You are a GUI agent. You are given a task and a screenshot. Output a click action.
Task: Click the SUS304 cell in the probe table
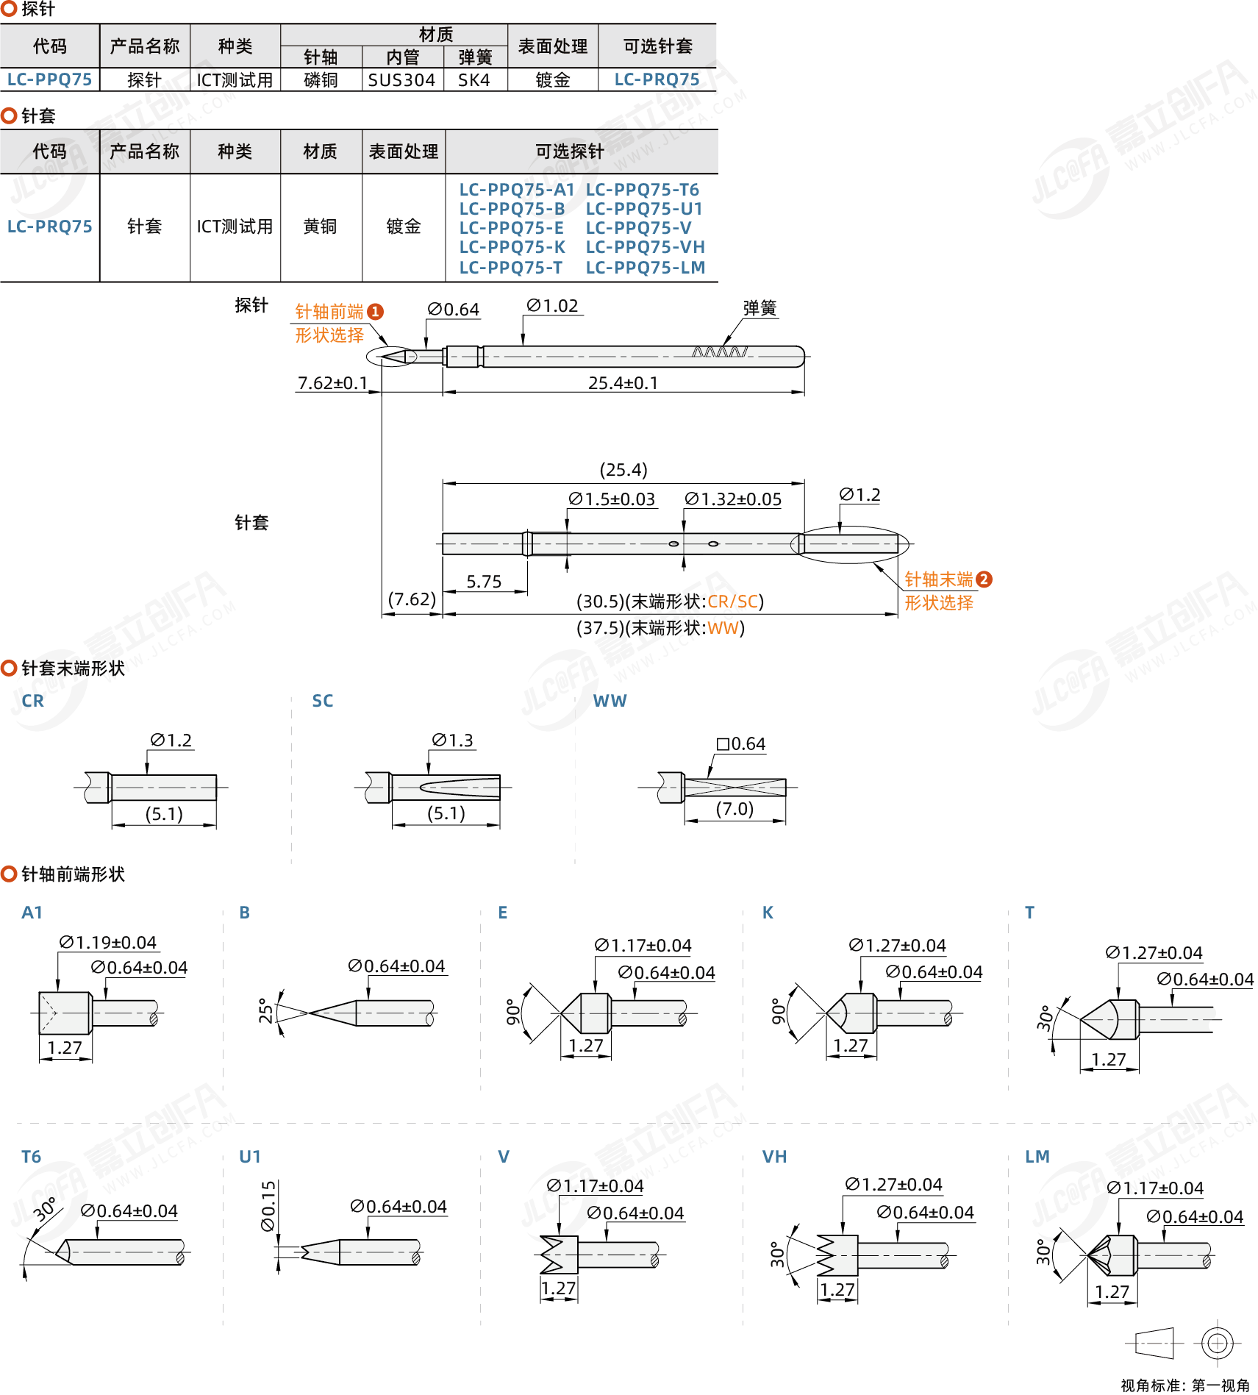pyautogui.click(x=401, y=80)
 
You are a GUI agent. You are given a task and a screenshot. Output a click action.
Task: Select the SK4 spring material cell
pyautogui.click(x=473, y=80)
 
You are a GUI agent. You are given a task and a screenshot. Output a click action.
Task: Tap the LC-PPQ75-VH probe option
pyautogui.click(x=645, y=247)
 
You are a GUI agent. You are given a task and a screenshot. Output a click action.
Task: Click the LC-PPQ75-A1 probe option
pyautogui.click(x=516, y=190)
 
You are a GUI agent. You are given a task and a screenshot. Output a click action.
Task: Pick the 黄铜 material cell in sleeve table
pyautogui.click(x=320, y=226)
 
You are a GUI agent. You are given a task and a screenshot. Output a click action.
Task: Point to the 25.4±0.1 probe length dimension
pyautogui.click(x=623, y=383)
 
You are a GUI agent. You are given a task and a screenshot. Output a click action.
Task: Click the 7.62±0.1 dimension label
pyautogui.click(x=332, y=383)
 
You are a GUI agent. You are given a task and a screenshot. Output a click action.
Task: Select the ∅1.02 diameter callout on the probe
pyautogui.click(x=552, y=306)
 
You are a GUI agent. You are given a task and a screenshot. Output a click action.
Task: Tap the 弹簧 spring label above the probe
pyautogui.click(x=760, y=308)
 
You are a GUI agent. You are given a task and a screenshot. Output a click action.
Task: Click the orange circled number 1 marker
pyautogui.click(x=375, y=312)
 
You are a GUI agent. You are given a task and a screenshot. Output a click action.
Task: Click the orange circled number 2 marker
pyautogui.click(x=984, y=579)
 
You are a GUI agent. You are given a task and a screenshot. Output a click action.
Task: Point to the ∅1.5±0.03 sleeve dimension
pyautogui.click(x=612, y=499)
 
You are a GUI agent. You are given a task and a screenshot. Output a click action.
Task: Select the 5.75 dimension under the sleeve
pyautogui.click(x=484, y=582)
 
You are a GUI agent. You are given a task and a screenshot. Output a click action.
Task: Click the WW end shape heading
pyautogui.click(x=610, y=701)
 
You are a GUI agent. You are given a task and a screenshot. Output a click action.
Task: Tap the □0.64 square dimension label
pyautogui.click(x=741, y=744)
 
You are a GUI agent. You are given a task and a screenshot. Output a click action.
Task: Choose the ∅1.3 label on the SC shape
pyautogui.click(x=452, y=741)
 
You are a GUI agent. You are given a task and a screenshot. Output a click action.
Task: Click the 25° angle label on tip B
pyautogui.click(x=265, y=1011)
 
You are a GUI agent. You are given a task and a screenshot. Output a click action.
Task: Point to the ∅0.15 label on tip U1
pyautogui.click(x=268, y=1206)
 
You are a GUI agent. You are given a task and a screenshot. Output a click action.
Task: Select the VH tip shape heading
pyautogui.click(x=774, y=1157)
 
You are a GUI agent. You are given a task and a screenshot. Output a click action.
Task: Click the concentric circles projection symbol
pyautogui.click(x=1217, y=1344)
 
